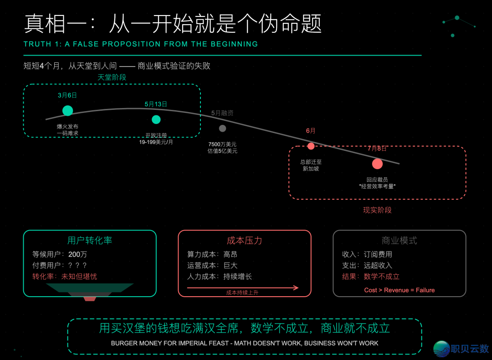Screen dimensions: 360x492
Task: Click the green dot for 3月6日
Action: (x=67, y=110)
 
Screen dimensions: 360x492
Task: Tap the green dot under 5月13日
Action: (x=156, y=119)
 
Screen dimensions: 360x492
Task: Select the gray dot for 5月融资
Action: (x=222, y=129)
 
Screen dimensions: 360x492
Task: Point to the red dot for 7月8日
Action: (x=377, y=164)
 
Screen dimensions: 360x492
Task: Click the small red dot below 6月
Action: (x=311, y=146)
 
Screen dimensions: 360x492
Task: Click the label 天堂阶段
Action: (x=112, y=77)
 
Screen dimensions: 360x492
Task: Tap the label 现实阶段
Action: (x=377, y=210)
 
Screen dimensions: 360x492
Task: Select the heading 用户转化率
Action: (x=90, y=241)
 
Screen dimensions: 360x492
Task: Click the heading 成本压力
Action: (x=245, y=241)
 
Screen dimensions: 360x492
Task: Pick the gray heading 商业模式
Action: (x=400, y=241)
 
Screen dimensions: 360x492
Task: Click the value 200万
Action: (x=77, y=254)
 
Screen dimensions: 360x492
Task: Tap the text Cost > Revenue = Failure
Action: (x=400, y=290)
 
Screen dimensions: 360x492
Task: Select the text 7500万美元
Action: (x=222, y=144)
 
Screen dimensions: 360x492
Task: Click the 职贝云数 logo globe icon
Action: (x=441, y=349)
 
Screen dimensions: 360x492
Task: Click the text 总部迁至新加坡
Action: (x=311, y=165)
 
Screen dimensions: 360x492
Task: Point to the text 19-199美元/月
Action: (x=156, y=142)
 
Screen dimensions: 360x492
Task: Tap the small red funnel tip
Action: (x=90, y=299)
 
